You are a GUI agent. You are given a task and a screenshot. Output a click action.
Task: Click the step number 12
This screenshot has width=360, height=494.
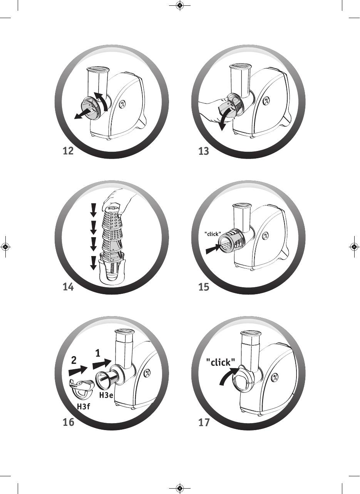point(68,151)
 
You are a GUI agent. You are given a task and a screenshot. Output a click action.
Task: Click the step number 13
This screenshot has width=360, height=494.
point(204,151)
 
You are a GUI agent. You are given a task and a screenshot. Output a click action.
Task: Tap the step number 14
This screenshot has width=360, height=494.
point(68,287)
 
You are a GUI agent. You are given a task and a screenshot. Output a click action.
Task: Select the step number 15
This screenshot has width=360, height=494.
point(204,287)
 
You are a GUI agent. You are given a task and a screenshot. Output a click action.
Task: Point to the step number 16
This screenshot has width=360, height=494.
point(69,422)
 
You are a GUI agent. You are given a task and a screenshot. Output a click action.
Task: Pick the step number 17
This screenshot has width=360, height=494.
point(204,422)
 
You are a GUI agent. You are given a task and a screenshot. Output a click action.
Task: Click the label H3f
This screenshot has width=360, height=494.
point(84,406)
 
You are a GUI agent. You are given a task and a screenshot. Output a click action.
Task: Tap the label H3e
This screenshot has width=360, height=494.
point(106,395)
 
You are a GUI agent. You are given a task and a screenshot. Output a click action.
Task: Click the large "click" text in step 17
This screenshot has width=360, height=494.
point(221,362)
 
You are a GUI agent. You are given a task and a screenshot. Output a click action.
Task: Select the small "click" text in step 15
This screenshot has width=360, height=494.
point(213,234)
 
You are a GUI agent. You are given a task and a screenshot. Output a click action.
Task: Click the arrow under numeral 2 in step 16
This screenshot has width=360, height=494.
point(78,370)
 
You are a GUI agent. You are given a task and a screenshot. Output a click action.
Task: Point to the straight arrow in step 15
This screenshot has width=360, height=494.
point(213,249)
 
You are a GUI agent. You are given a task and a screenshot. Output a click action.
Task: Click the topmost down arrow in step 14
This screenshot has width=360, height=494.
point(94,210)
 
